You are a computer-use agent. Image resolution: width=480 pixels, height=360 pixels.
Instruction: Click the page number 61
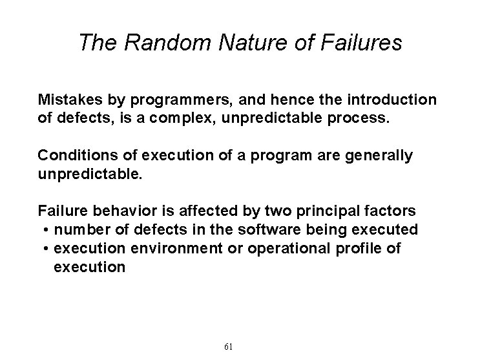point(228,346)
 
